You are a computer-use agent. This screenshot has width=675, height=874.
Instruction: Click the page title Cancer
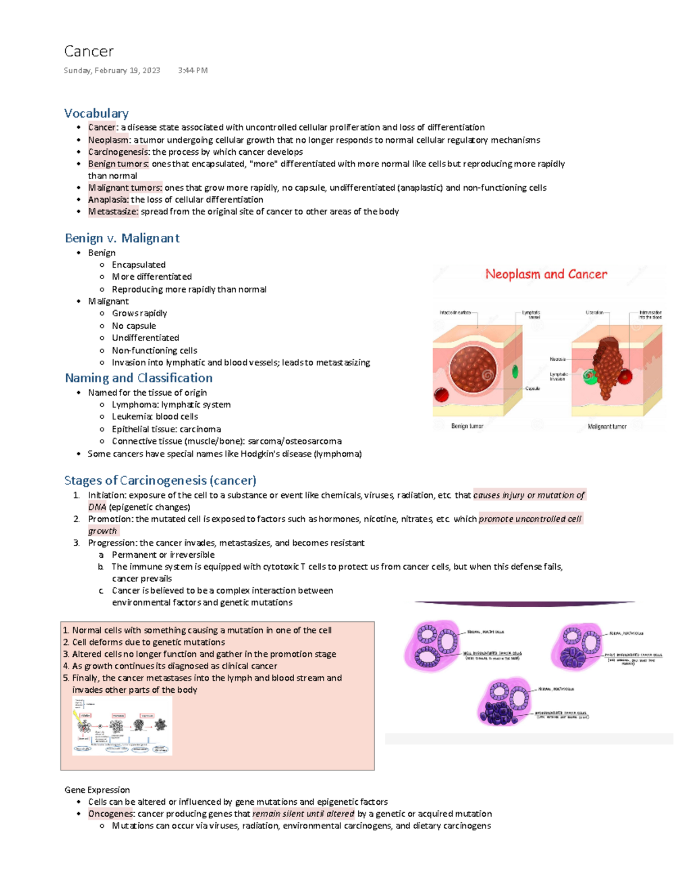pos(89,51)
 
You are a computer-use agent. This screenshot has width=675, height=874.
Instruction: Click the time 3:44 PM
pos(192,70)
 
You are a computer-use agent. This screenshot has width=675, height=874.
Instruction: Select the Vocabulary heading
pos(96,113)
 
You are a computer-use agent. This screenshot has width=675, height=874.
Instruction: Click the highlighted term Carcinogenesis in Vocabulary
pos(118,152)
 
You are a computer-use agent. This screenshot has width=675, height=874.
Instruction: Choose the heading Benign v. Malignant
pos(122,238)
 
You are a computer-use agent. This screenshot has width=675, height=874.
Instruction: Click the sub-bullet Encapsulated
pos(138,265)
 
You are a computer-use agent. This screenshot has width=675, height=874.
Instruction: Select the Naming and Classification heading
pos(138,378)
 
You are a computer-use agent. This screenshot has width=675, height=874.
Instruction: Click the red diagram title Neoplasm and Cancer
pos(546,274)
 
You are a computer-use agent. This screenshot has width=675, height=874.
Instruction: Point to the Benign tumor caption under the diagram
pos(467,426)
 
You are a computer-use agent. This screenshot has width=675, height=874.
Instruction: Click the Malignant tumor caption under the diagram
pos(607,427)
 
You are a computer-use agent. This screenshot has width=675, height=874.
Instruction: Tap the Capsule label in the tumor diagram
pos(533,388)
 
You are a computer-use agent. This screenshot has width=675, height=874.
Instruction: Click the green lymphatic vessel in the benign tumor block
pos(515,372)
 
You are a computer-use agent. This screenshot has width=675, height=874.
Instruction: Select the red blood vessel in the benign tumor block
pos(441,395)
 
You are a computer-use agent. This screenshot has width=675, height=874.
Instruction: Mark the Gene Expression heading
pos(97,790)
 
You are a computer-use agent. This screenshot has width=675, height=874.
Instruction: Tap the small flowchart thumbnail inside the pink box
pos(122,725)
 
